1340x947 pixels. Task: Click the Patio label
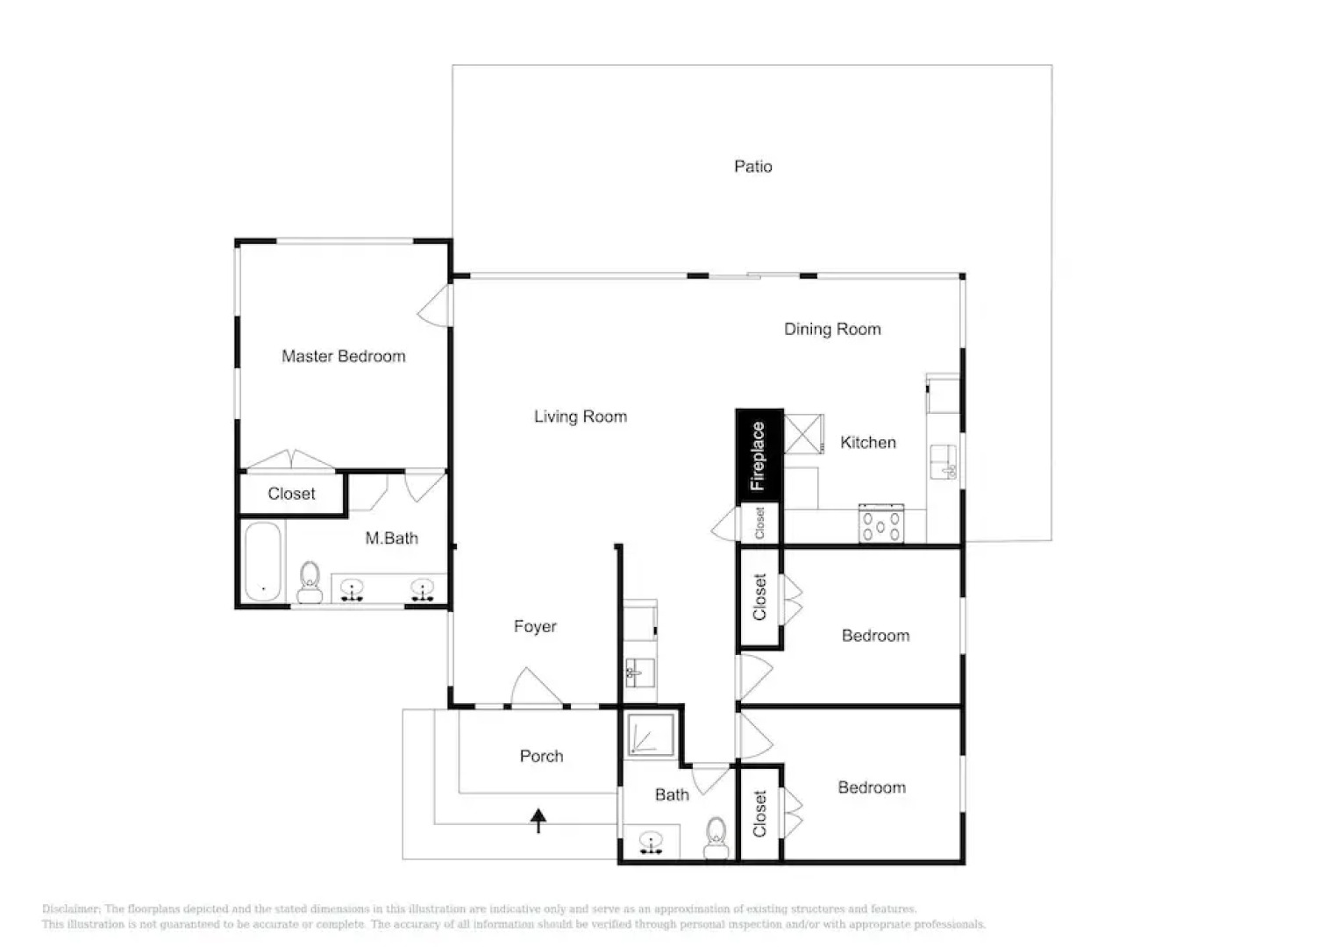752,167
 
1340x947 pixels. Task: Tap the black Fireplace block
759,456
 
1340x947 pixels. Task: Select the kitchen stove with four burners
880,524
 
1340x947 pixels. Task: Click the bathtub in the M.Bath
262,561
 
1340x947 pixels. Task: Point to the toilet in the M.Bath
310,582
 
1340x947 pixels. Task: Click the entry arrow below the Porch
538,821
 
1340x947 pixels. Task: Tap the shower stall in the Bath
651,735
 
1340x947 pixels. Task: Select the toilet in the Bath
716,838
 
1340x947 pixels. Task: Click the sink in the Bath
651,843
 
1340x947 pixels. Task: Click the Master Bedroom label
343,356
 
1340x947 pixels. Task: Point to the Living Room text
580,417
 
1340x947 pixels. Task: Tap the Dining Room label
831,329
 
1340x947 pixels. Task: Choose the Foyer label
535,626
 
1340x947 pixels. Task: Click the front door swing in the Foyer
534,687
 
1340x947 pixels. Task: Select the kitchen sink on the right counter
944,462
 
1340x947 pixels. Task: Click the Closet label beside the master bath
291,494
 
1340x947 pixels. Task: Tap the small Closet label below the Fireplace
759,523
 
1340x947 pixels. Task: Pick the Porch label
541,756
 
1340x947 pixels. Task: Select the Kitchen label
867,443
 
